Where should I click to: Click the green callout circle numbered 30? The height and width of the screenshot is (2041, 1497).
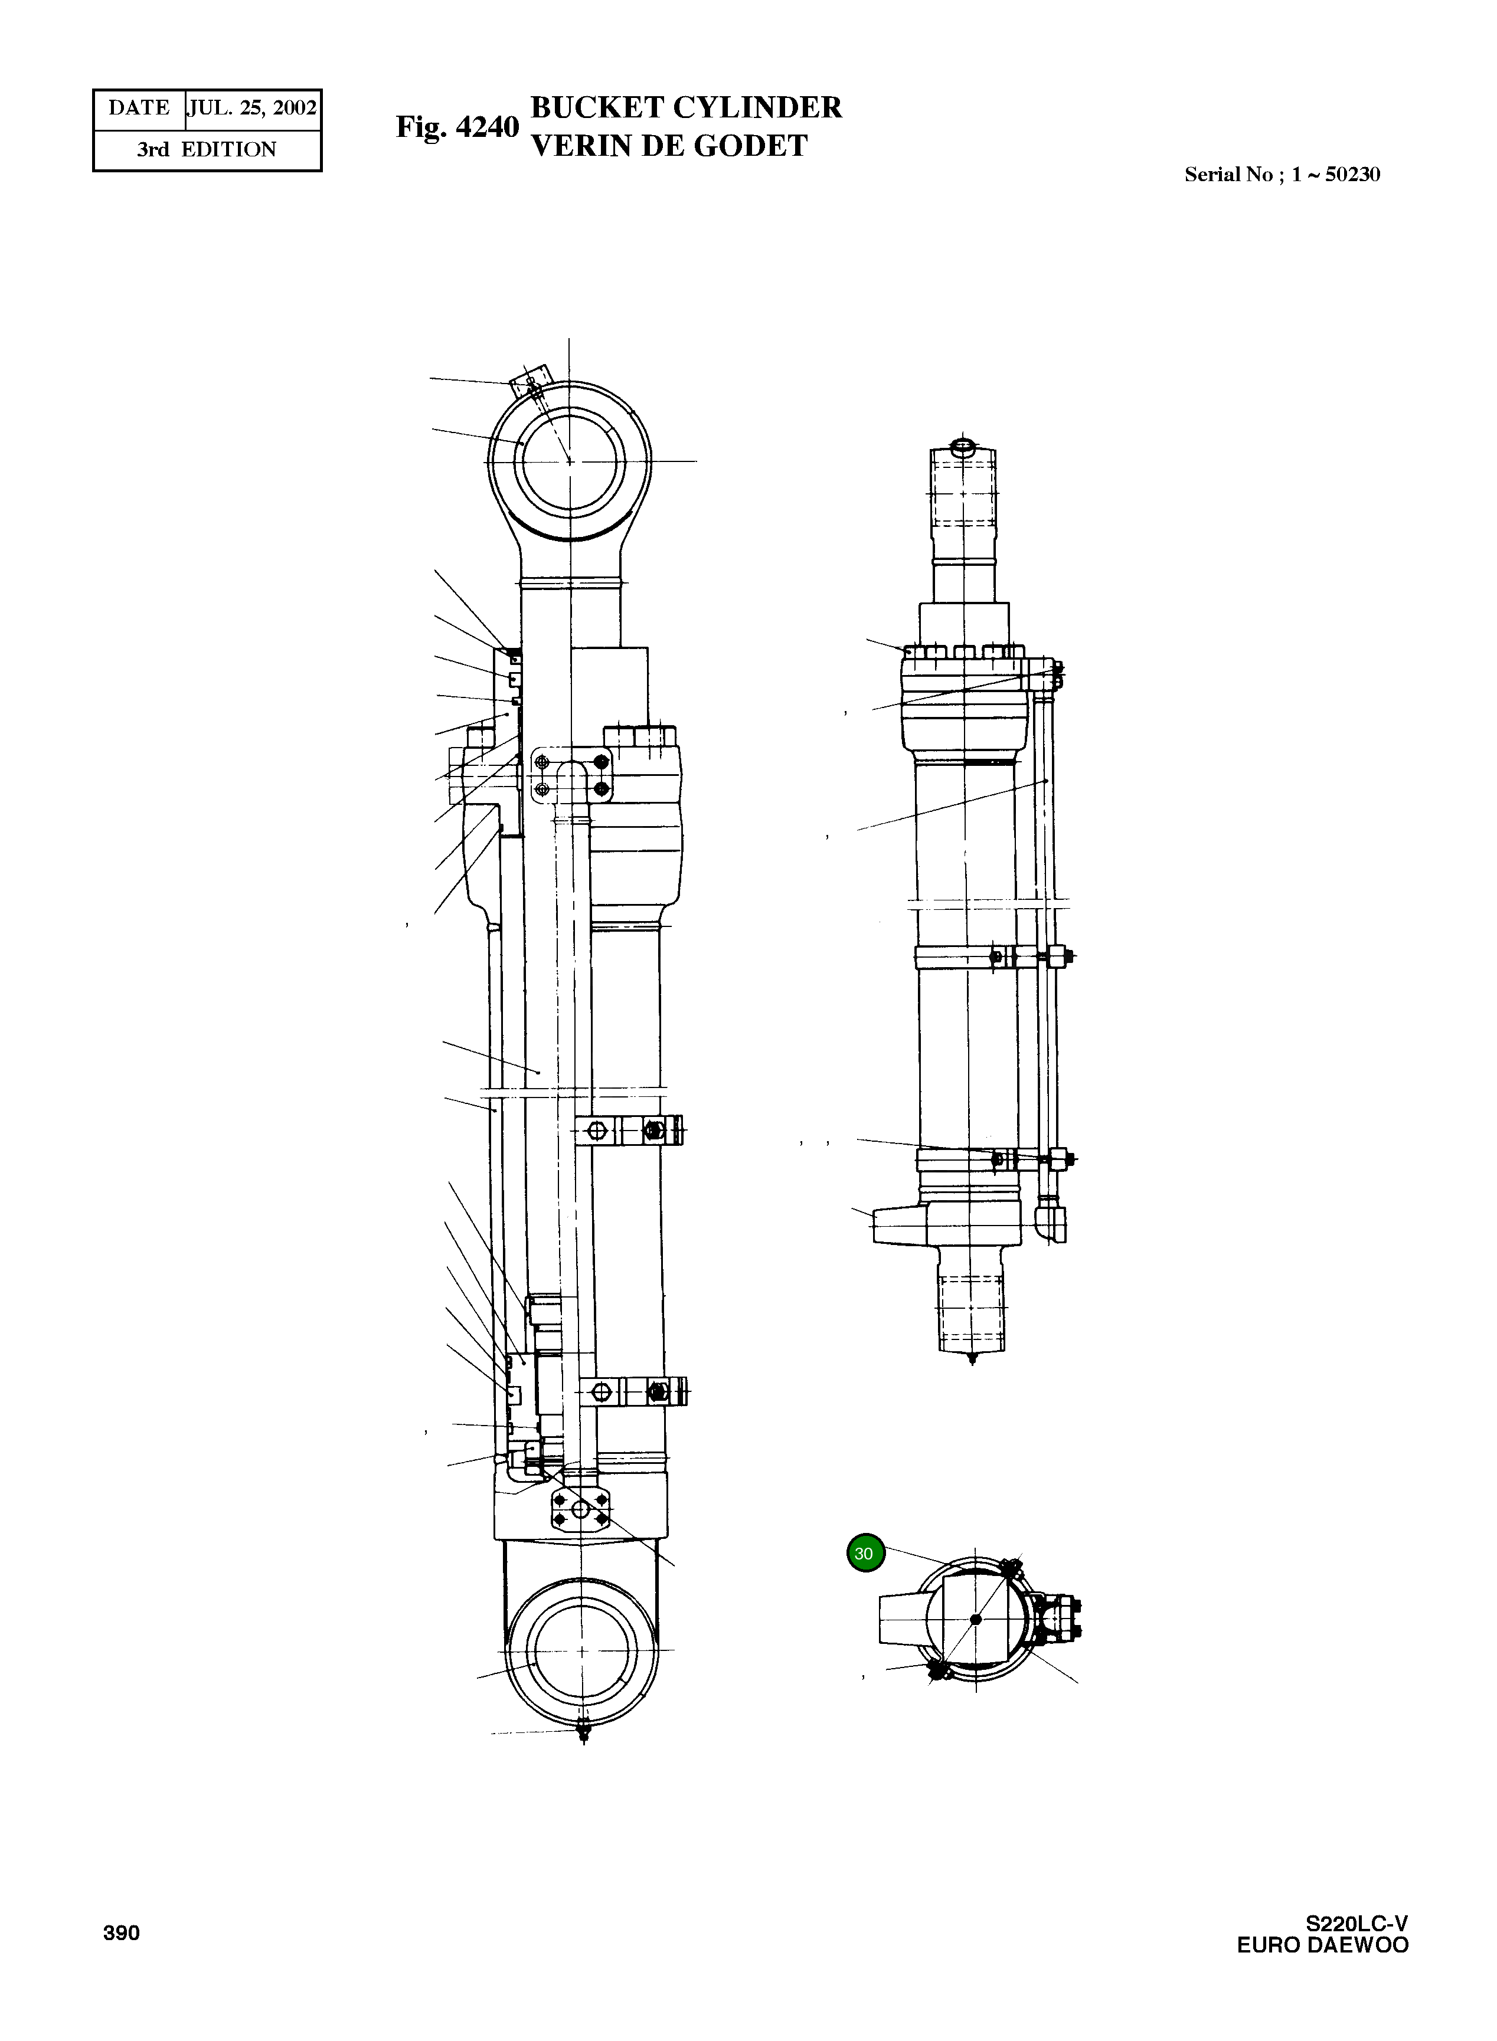[865, 1552]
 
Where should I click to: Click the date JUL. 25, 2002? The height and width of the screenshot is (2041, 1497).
[253, 109]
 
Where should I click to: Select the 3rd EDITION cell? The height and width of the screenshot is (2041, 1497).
[207, 149]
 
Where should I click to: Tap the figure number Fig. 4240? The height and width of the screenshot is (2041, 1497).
[457, 127]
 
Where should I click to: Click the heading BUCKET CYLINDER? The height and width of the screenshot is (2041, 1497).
[686, 107]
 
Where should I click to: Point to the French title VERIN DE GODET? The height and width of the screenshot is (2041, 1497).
[669, 146]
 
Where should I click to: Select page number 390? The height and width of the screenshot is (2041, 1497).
[122, 1932]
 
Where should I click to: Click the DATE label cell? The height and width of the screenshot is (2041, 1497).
[139, 109]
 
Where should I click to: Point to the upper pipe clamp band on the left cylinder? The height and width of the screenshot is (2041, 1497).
[630, 1131]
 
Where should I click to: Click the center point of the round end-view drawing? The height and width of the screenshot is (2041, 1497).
[976, 1619]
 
